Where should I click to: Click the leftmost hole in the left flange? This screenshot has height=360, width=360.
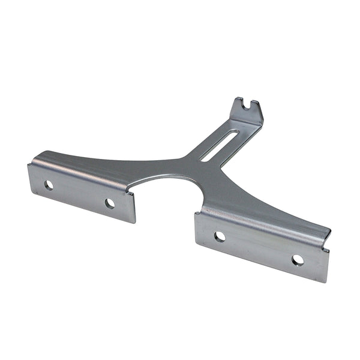pyautogui.click(x=49, y=185)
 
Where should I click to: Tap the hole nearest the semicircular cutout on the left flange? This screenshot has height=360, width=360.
pyautogui.click(x=110, y=203)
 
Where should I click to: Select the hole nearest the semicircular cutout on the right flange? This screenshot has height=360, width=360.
pyautogui.click(x=220, y=236)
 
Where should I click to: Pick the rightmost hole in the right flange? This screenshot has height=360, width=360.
pyautogui.click(x=298, y=260)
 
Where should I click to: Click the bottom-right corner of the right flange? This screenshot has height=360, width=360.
pyautogui.click(x=326, y=281)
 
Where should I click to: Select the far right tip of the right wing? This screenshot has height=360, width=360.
pyautogui.click(x=329, y=231)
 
